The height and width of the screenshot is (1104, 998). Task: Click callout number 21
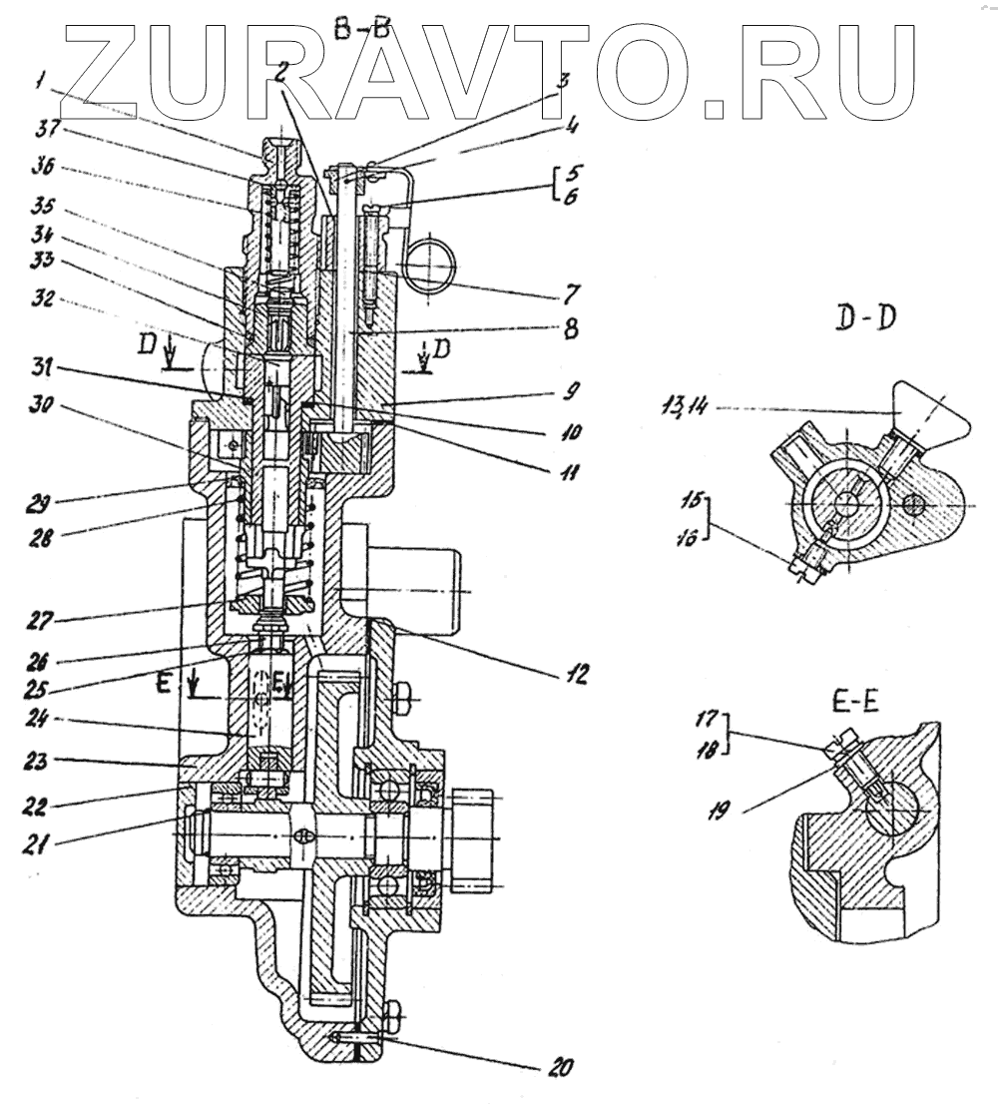click(39, 844)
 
